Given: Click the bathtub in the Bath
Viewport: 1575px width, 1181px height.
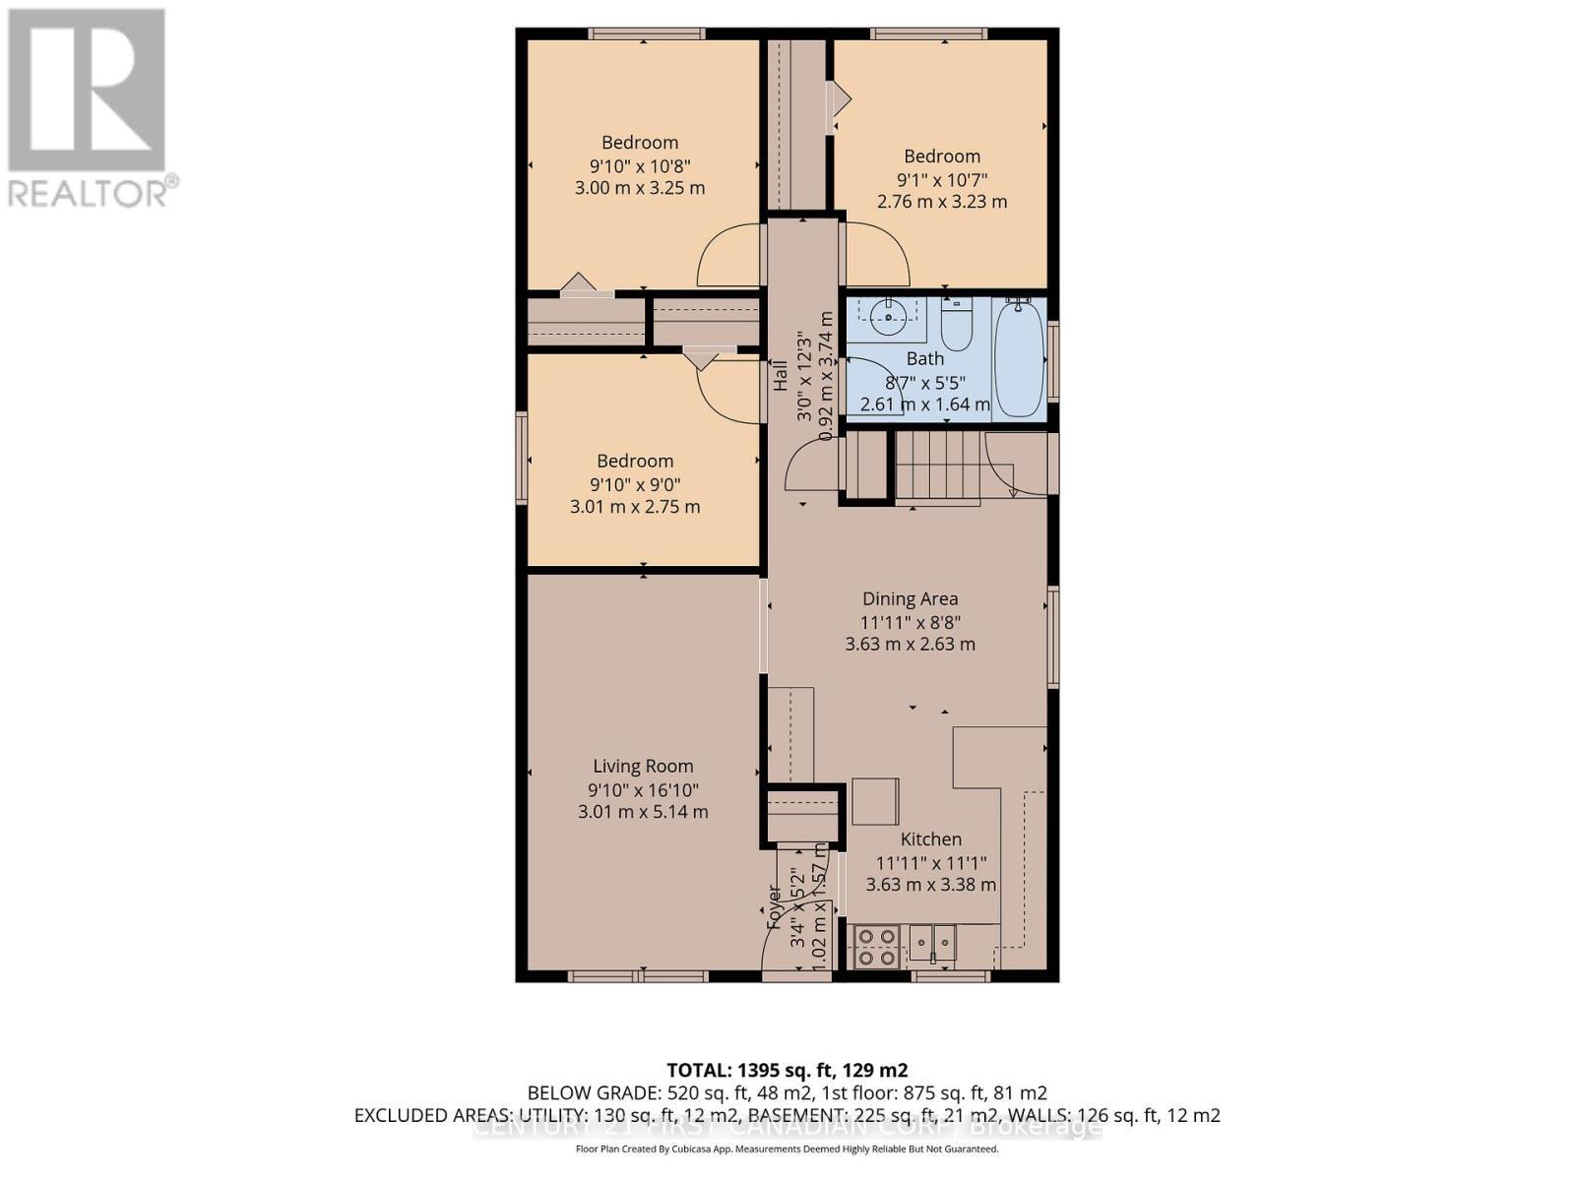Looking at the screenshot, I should coord(1018,360).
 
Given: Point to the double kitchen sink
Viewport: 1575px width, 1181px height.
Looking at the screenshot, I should coord(931,944).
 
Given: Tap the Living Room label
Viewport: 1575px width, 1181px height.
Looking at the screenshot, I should coord(643,766).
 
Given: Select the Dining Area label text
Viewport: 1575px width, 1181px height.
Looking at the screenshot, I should coord(910,598).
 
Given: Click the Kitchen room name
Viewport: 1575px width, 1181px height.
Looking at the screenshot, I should coord(930,839).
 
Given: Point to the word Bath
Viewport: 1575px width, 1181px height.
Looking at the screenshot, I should coord(924,359).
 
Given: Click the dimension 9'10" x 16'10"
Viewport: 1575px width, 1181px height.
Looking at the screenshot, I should coord(643,789).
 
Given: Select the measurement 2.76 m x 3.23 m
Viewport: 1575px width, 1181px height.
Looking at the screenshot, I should coord(942,202).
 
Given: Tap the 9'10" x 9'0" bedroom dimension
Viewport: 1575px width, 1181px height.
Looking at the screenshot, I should coord(635,484).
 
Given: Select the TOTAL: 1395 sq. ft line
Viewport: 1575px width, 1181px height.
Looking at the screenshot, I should coord(787,1070).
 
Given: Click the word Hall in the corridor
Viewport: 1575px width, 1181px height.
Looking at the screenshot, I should coord(780,376).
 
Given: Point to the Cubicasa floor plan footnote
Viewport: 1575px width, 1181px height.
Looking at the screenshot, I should coord(787,1149).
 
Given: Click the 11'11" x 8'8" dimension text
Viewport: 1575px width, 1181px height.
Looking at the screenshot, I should coord(910,622).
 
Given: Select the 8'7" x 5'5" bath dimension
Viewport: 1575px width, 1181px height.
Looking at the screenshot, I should coord(924,382).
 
